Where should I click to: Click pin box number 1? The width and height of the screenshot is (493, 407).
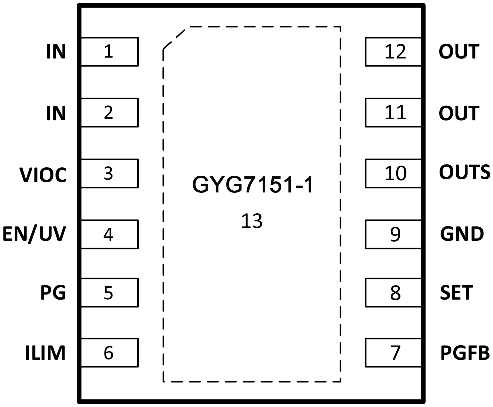(109, 52)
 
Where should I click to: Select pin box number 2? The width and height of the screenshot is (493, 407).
(109, 112)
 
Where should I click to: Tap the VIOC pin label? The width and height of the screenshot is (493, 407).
(43, 175)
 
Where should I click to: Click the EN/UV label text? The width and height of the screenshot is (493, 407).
(34, 234)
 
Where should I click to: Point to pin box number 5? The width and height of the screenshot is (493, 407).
(109, 292)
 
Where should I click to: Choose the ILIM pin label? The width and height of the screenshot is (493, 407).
(45, 353)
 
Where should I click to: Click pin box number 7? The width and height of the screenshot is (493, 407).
(393, 353)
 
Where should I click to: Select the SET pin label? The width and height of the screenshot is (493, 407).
(456, 292)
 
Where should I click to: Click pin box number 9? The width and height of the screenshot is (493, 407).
(393, 234)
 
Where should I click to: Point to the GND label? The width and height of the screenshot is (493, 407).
(462, 234)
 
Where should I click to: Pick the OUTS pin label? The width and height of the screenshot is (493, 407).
(464, 172)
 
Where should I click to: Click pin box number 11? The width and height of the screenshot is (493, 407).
(393, 112)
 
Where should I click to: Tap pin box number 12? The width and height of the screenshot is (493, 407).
(393, 52)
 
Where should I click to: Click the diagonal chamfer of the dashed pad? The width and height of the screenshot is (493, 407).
(174, 38)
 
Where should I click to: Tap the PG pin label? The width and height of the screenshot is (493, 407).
(53, 292)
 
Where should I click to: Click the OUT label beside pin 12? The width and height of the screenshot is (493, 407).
(459, 52)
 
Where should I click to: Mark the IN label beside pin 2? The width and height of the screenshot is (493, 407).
(56, 113)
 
